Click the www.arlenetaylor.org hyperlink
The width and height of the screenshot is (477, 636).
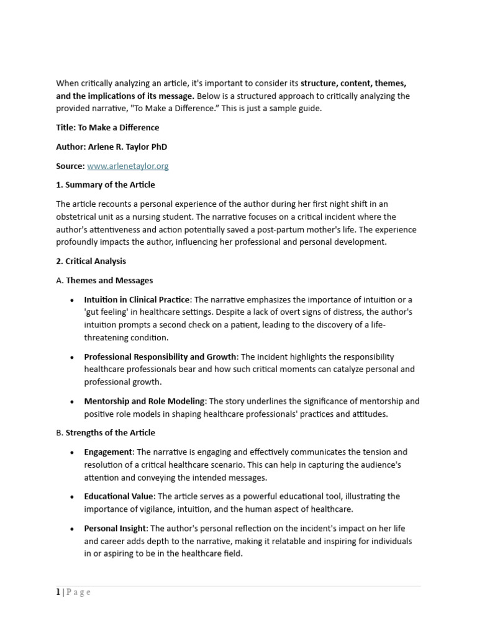point(128,166)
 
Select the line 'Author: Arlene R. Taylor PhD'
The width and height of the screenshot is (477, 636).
point(112,147)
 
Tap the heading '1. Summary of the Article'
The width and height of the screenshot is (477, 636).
point(106,184)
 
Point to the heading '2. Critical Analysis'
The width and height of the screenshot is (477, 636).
point(91,261)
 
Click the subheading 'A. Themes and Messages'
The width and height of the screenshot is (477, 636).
point(104,280)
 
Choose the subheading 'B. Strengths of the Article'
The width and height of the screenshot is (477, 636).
point(106,432)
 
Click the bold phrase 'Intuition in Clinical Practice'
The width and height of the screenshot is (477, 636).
point(137,299)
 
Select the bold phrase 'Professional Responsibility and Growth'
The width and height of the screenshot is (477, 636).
point(160,357)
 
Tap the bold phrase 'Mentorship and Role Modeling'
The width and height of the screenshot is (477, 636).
point(144,401)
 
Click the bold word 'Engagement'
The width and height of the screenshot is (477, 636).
point(108,452)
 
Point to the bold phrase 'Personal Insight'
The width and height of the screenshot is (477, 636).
point(116,528)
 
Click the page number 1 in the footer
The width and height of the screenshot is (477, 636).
point(58,592)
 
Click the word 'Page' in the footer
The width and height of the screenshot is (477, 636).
point(78,592)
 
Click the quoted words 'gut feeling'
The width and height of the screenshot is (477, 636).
point(107,312)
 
